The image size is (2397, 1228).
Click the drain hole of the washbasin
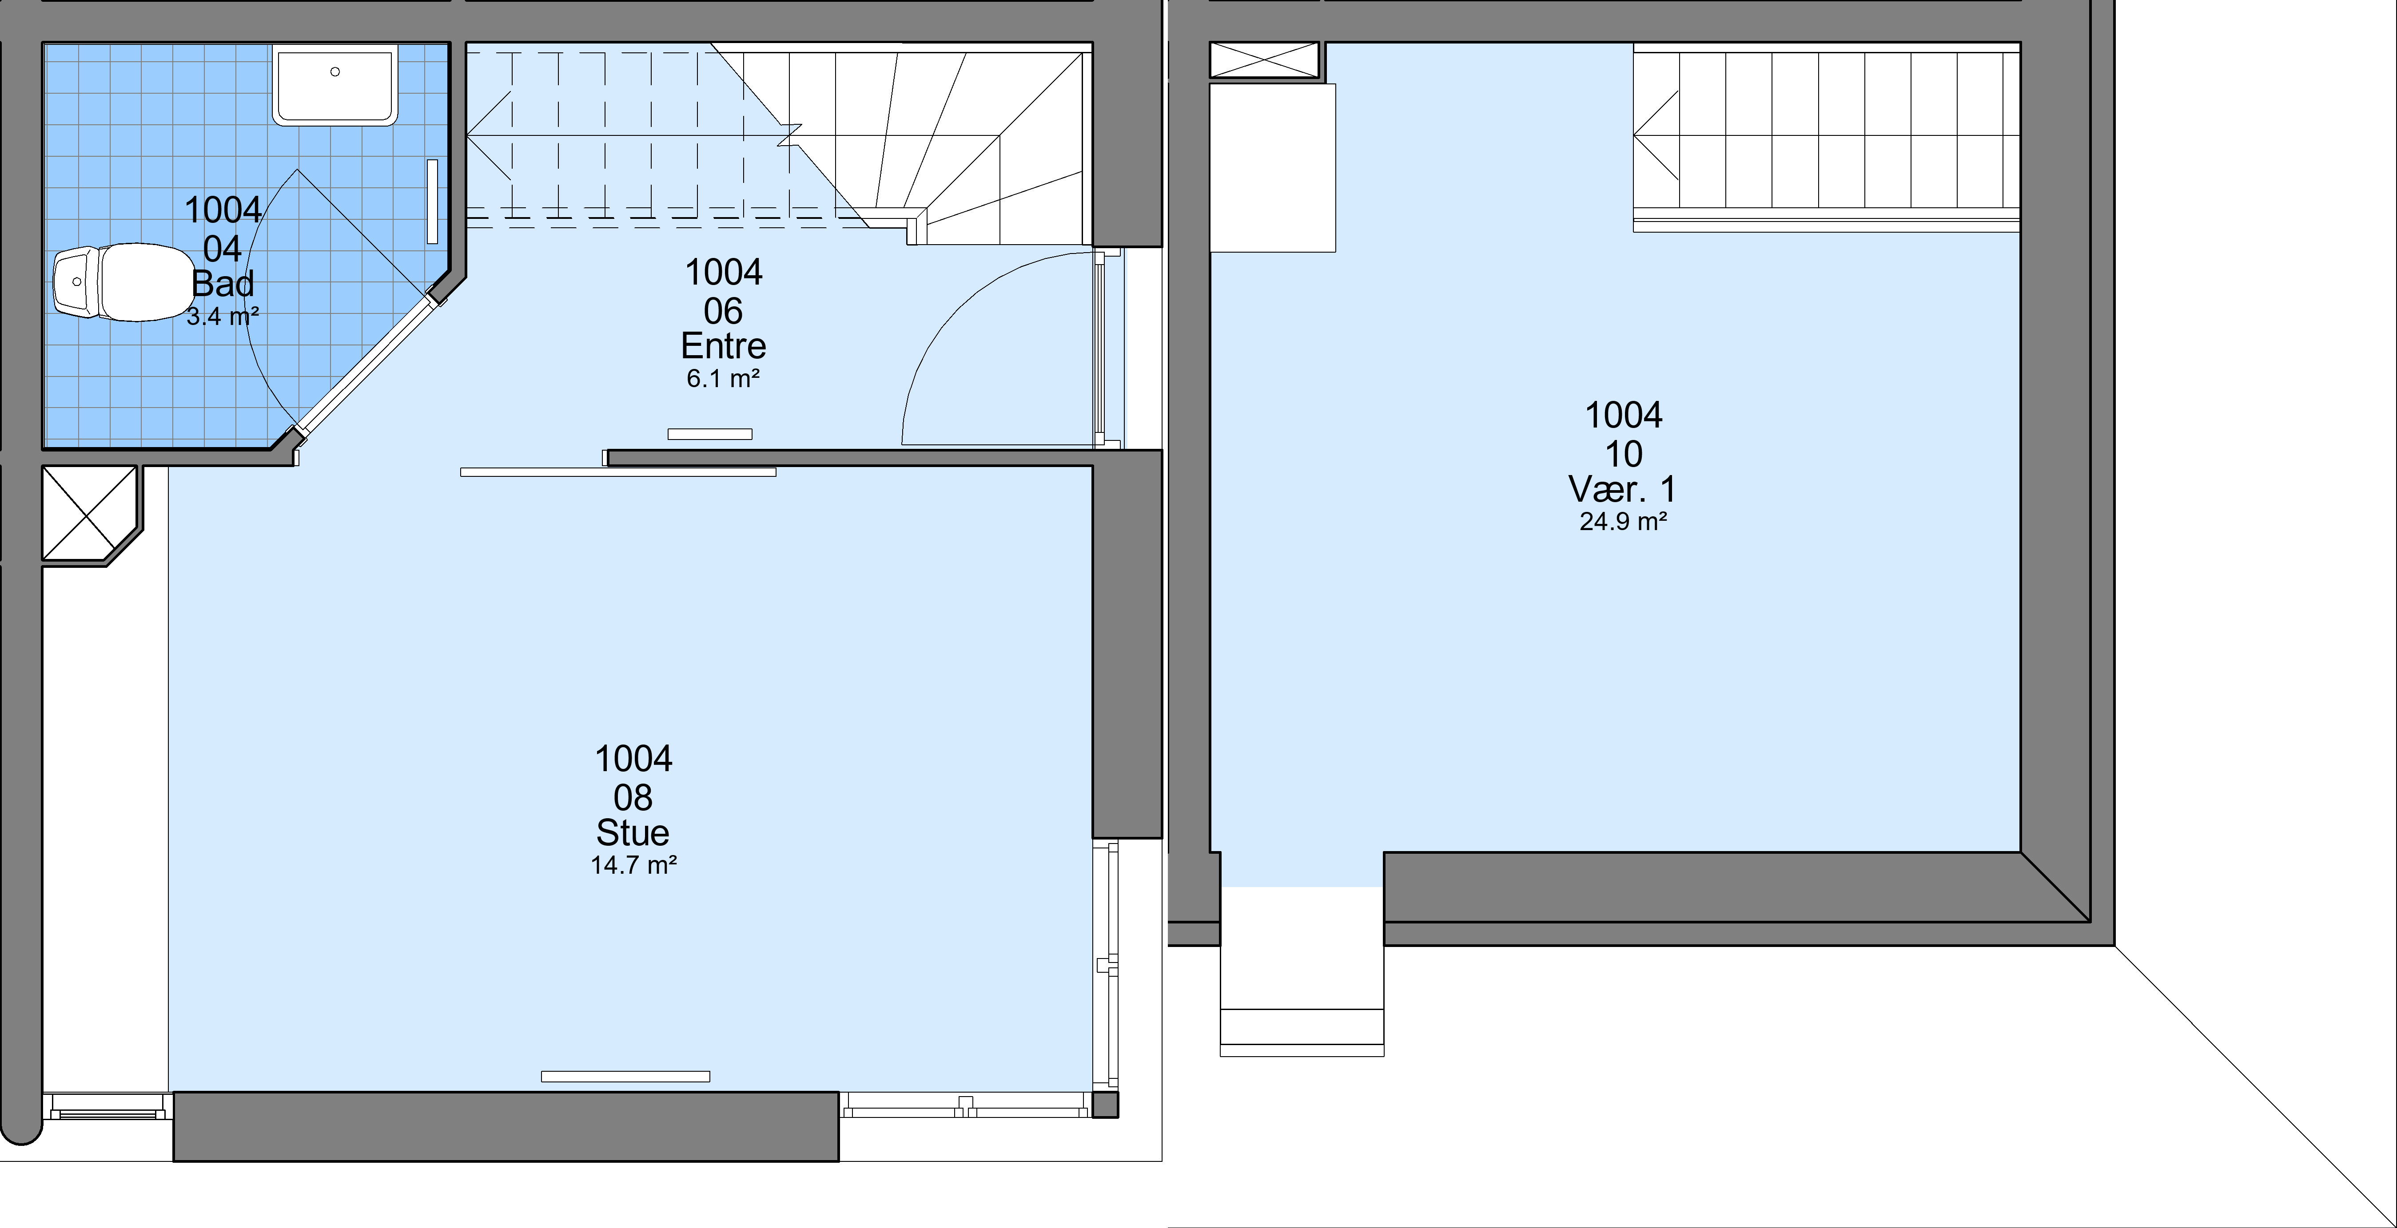click(335, 71)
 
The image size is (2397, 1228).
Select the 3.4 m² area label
click(223, 316)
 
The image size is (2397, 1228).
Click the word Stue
click(633, 832)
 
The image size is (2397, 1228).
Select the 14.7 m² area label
click(633, 865)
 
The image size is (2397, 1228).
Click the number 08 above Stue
click(633, 797)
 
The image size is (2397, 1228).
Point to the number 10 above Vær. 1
click(1623, 454)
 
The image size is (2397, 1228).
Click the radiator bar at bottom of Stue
click(625, 1076)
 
